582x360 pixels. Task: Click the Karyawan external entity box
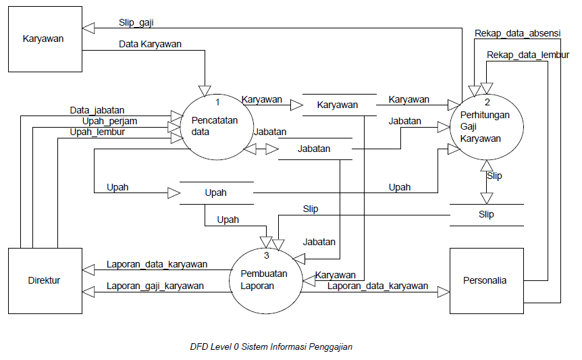pos(44,38)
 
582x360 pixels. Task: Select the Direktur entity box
pos(44,280)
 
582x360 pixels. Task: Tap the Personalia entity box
pos(486,280)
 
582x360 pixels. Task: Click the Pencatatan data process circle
pos(211,126)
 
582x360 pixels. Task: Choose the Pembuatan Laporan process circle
pos(265,280)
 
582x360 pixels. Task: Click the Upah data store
pos(215,192)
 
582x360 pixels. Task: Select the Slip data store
pos(486,215)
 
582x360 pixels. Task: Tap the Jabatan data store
pos(314,149)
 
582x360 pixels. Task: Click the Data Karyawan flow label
pos(150,44)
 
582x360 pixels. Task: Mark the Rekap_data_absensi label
pos(517,32)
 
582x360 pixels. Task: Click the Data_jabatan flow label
pos(97,109)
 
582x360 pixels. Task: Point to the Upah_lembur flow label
pos(97,132)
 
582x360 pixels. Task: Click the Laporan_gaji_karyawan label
pos(155,286)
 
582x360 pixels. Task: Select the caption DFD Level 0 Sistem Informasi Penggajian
pos(271,347)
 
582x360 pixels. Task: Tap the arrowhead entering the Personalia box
pos(442,291)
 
